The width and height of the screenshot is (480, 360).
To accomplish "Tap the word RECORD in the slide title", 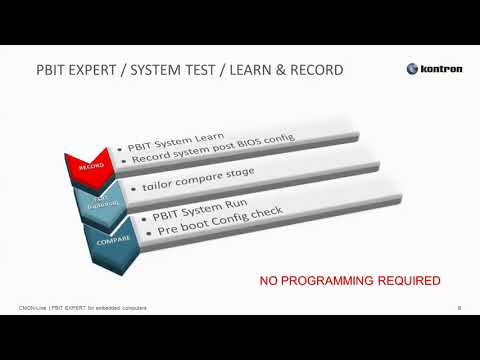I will coord(313,70).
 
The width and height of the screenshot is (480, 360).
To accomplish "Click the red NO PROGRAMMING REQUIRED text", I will coord(350,281).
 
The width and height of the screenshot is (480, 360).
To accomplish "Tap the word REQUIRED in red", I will coord(407,281).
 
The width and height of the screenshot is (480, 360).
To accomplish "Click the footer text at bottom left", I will coord(84,309).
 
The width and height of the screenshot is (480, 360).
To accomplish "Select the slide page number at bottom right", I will coord(457,309).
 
